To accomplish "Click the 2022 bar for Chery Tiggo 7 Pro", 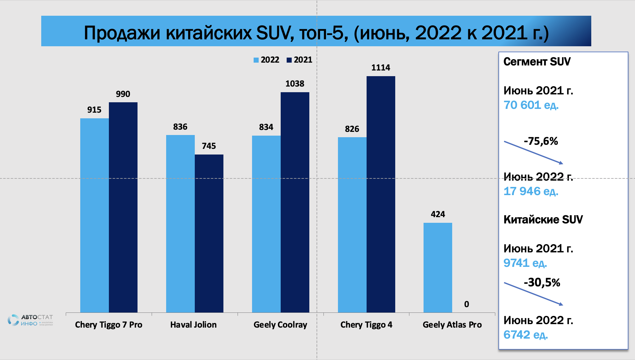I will point(94,215).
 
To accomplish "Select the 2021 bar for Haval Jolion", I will point(209,233).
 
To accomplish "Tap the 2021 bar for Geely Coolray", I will point(295,202).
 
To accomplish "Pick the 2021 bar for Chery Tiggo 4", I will point(381,194).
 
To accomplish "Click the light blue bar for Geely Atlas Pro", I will point(438,267).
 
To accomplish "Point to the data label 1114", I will point(380,68).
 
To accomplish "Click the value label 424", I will point(438,214).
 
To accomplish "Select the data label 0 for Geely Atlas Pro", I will point(466,304).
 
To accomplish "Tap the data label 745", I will point(209,146).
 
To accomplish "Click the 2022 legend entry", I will point(267,60).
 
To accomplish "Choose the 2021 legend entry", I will point(300,60).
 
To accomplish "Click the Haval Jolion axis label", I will point(194,325).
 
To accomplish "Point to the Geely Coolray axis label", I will point(280,325).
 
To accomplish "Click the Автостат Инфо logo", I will point(30,320).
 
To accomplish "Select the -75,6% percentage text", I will point(541,141).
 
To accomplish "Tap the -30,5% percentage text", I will point(542,283).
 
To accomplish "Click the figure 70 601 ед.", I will point(531,105).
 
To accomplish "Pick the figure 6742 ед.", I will point(525,335).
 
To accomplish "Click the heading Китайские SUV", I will point(543,220).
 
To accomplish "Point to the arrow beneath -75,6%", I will point(533,153).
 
